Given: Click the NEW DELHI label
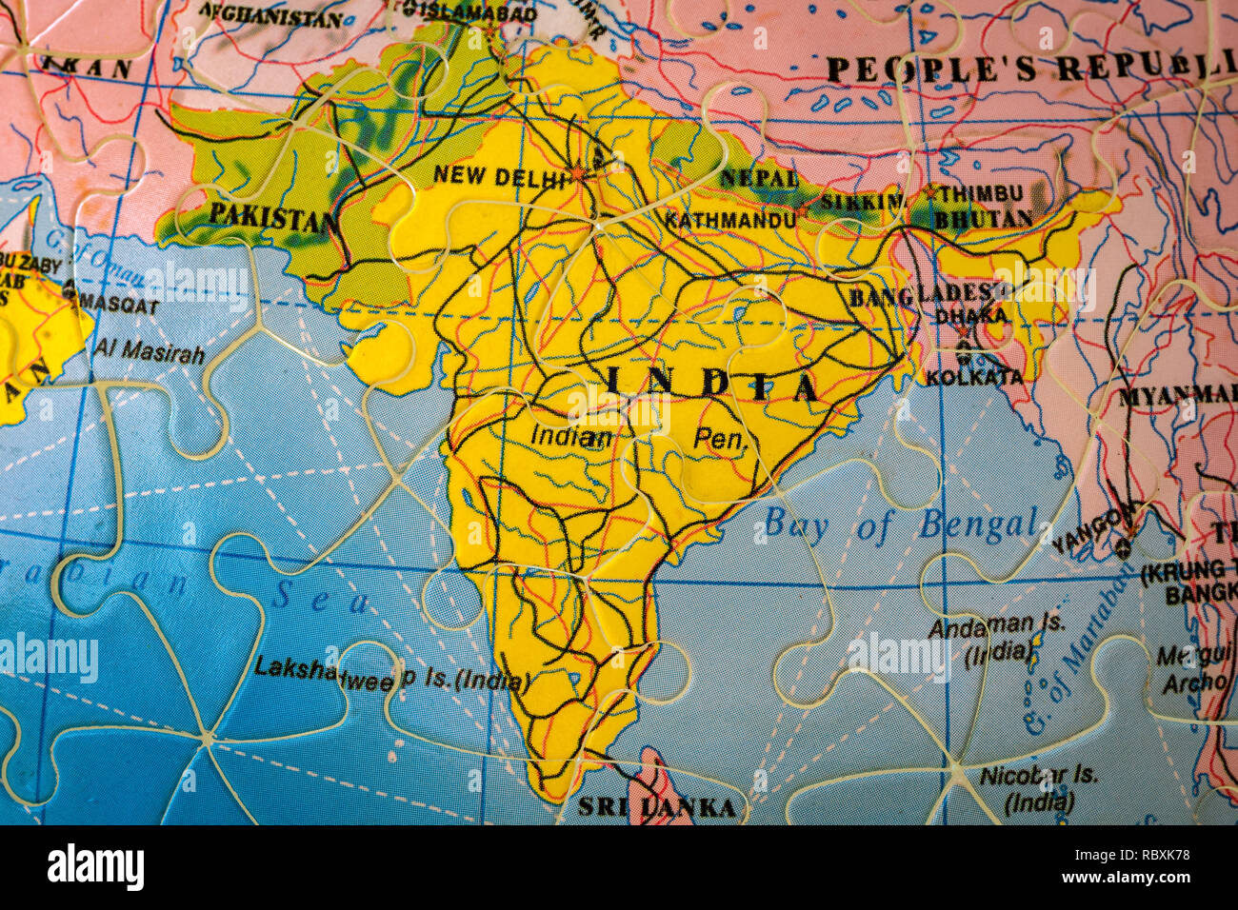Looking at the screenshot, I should pos(498,174).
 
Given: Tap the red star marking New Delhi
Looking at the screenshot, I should pos(578,173).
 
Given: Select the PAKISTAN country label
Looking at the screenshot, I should pos(272,215).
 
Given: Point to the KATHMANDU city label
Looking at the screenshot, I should pos(729,220).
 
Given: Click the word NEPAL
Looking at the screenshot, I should pos(758,178).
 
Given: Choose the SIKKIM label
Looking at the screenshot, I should pos(863,202).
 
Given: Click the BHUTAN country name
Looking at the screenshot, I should pos(983,218).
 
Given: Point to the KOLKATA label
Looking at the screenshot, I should pos(973,377).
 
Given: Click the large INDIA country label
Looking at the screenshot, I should pos(711,385).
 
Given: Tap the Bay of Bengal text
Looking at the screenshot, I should pos(900,524).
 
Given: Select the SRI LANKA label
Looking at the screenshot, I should pos(657,808).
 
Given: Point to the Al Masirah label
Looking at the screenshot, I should pos(149,352).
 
